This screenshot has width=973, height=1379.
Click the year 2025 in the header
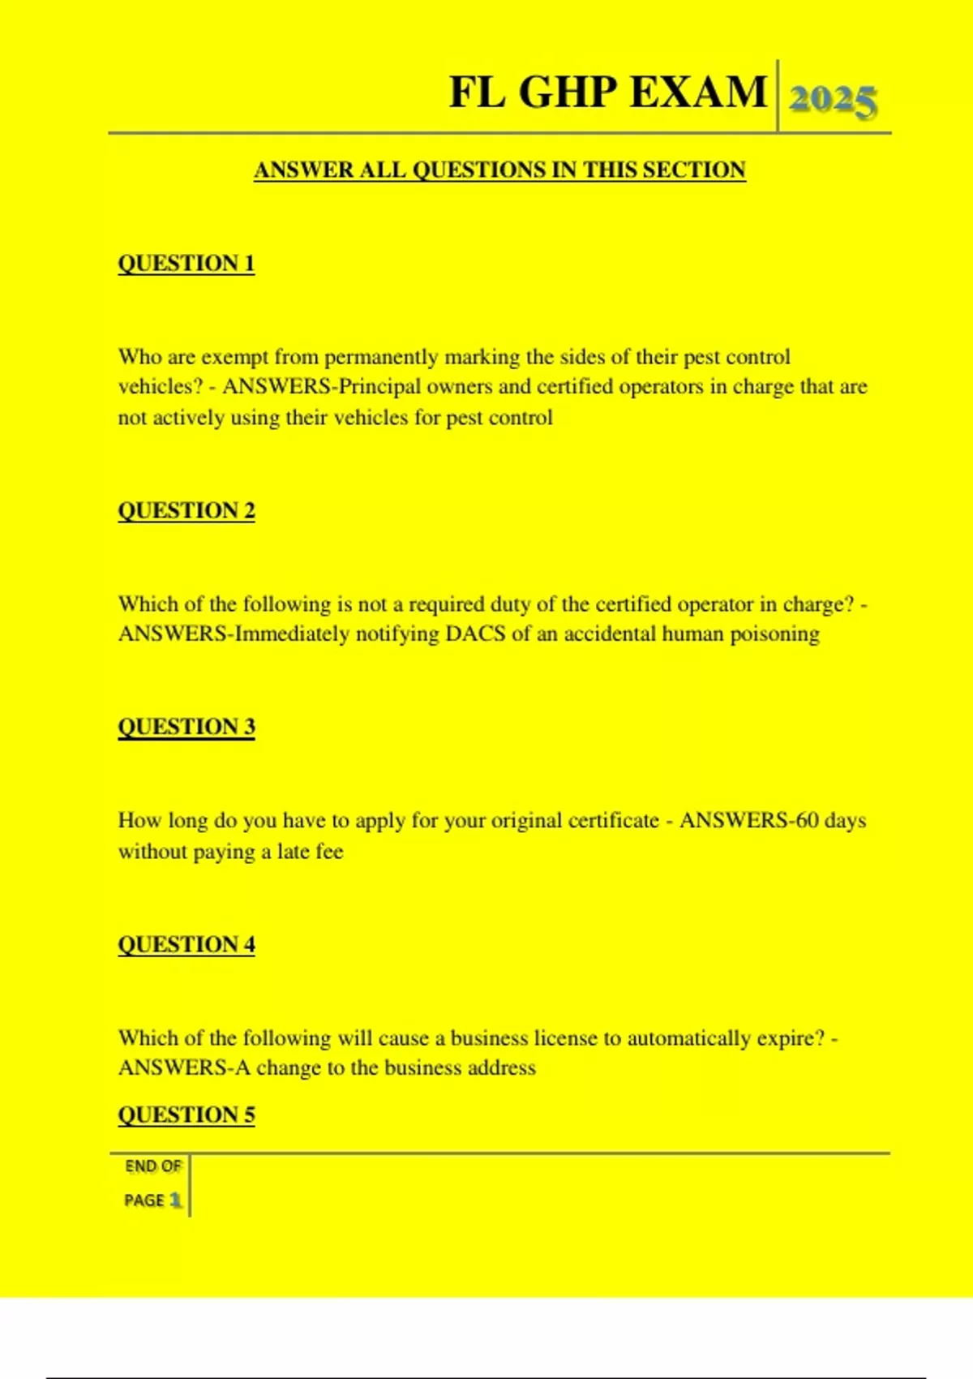[833, 101]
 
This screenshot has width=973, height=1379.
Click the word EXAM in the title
[698, 92]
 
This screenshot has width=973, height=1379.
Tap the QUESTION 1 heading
[186, 264]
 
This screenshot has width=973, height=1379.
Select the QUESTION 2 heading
[186, 511]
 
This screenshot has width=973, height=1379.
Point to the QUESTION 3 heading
[186, 727]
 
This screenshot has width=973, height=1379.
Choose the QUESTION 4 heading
[186, 945]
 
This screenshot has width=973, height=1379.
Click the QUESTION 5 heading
[186, 1115]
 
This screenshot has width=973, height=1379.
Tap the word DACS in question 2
[475, 634]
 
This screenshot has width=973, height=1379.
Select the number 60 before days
[807, 820]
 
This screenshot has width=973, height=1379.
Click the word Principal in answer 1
[380, 387]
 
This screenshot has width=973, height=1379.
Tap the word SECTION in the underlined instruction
[693, 170]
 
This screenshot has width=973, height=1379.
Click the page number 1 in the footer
[175, 1200]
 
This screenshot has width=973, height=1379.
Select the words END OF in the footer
[153, 1166]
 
